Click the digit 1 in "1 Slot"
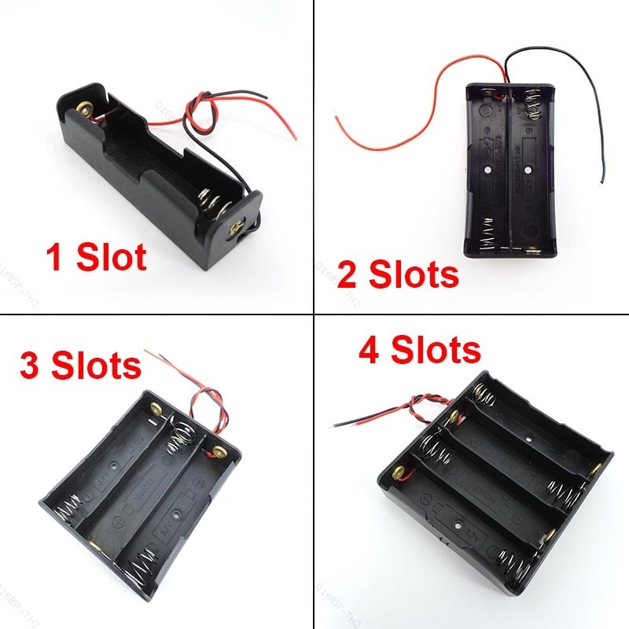55,258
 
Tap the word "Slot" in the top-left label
112,258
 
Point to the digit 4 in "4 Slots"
373,350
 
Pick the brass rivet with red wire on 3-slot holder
212,451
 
